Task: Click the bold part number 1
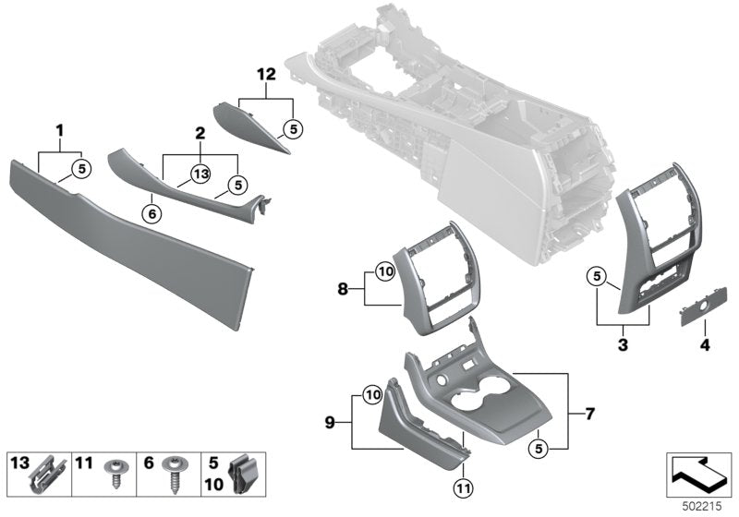point(61,132)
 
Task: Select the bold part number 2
point(199,134)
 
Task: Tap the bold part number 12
point(268,74)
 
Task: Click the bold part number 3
point(623,345)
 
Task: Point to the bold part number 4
point(706,345)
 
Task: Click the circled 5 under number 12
point(292,128)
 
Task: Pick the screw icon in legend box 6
point(173,473)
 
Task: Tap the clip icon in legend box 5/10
point(242,473)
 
